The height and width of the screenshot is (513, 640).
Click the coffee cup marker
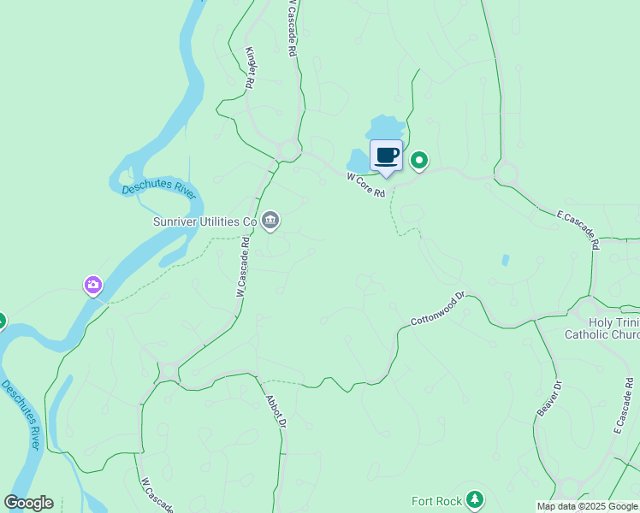pyautogui.click(x=386, y=156)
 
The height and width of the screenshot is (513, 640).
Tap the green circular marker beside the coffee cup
pyautogui.click(x=419, y=160)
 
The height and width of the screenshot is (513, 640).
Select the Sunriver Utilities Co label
pyautogui.click(x=204, y=221)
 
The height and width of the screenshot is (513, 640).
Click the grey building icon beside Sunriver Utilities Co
pyautogui.click(x=270, y=221)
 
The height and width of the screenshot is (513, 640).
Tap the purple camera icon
pyautogui.click(x=93, y=286)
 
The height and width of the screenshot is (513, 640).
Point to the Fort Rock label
pyautogui.click(x=436, y=501)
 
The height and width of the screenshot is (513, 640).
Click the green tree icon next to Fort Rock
pyautogui.click(x=476, y=500)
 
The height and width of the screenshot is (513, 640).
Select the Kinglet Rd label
pyautogui.click(x=251, y=68)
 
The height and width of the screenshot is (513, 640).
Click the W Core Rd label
pyautogui.click(x=366, y=185)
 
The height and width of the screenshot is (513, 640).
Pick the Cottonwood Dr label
pyautogui.click(x=436, y=310)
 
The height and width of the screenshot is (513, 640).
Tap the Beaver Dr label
pyautogui.click(x=549, y=399)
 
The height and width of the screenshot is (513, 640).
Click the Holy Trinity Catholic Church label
pyautogui.click(x=601, y=328)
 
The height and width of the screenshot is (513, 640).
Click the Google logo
pyautogui.click(x=28, y=503)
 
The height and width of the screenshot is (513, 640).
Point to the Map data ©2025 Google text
pyautogui.click(x=587, y=506)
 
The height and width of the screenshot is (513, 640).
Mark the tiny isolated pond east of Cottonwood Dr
pyautogui.click(x=505, y=259)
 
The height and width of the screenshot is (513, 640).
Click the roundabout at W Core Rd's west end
pyautogui.click(x=287, y=151)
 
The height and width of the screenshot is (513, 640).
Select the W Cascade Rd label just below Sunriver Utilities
pyautogui.click(x=242, y=266)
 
